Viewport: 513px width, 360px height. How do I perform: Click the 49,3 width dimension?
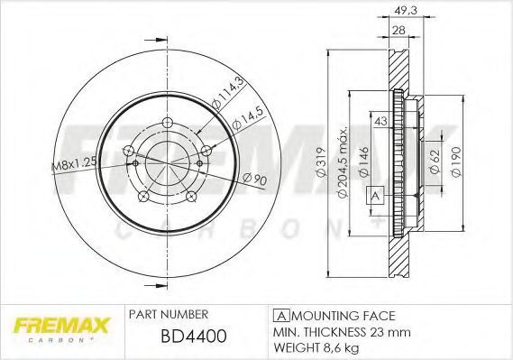[406, 11]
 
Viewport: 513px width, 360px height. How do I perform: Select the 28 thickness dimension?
[398, 30]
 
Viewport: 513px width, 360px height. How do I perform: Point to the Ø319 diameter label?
[321, 162]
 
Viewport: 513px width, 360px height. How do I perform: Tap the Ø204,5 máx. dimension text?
[343, 162]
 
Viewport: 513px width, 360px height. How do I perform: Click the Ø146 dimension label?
[363, 162]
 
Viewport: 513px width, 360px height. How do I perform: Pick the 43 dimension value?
[380, 121]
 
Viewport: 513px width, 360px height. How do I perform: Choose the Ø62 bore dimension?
[435, 162]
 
